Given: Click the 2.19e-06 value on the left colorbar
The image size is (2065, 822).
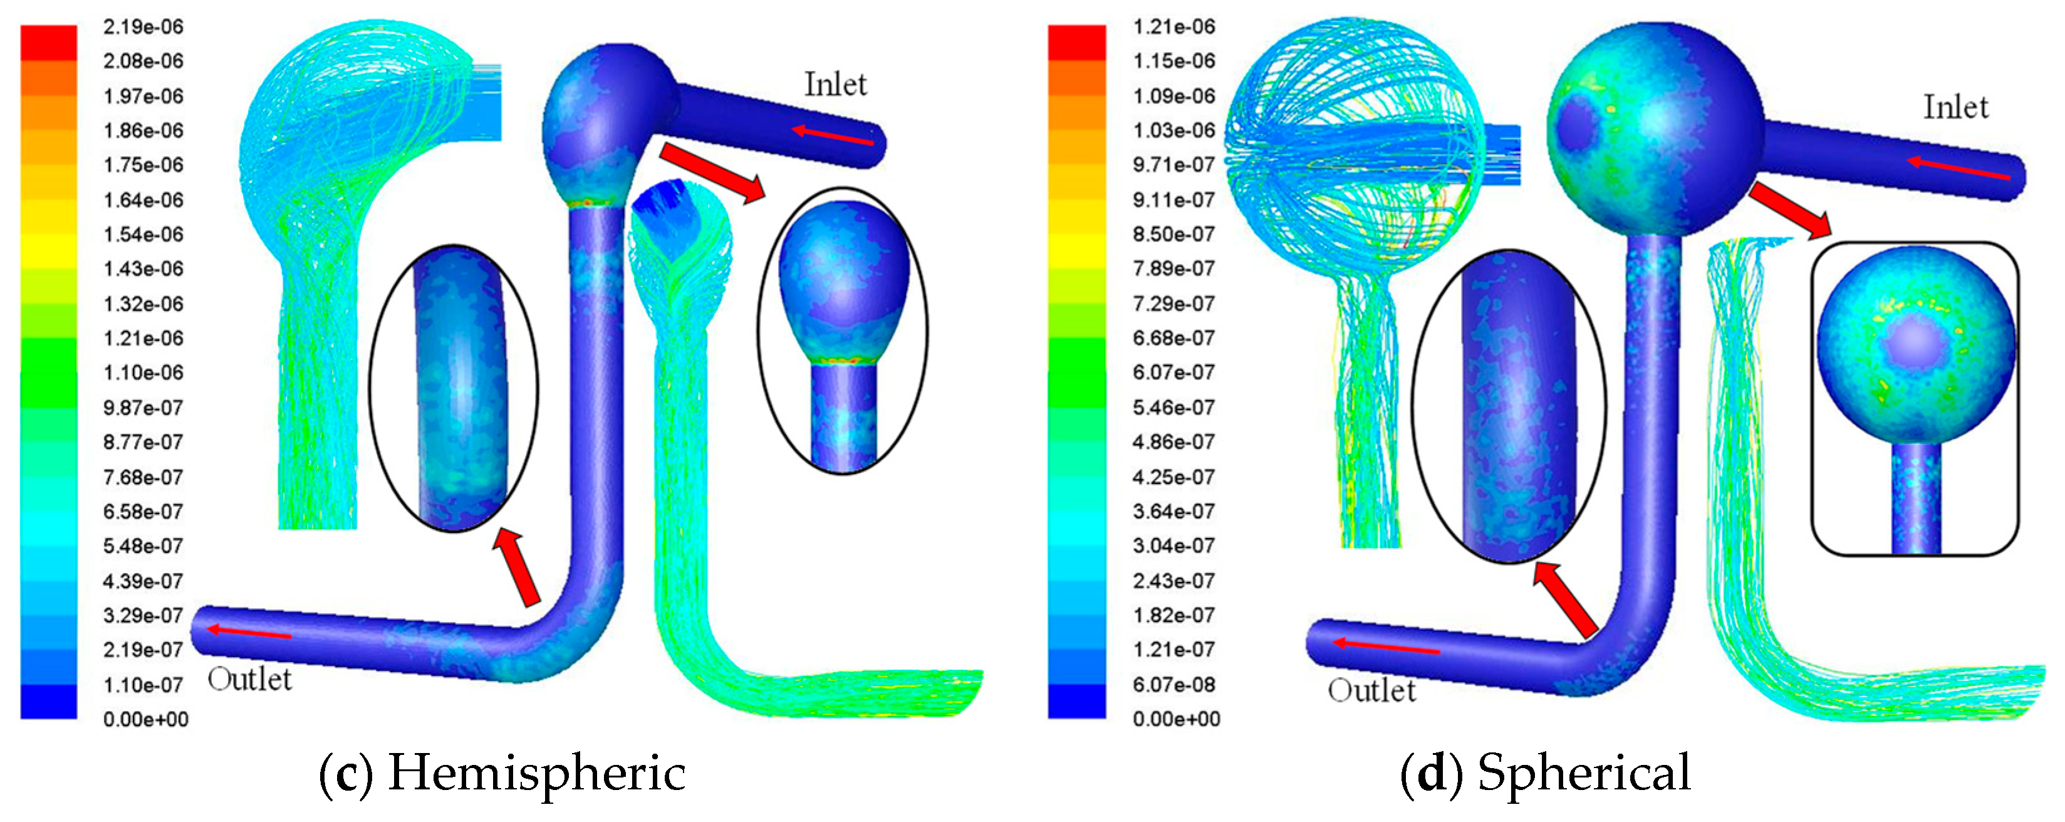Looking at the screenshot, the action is pos(143,27).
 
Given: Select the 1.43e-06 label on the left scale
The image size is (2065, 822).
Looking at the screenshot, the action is pos(143,268).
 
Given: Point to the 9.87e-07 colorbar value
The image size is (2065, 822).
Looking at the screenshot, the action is pos(143,408).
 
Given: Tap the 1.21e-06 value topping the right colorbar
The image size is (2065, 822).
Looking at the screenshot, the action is pos(1173,27).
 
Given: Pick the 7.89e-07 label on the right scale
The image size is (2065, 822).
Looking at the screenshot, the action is pos(1173,268).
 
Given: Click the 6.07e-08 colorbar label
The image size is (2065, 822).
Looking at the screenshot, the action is pos(1173,685).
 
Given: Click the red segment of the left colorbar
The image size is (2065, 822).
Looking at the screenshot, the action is pos(49,43).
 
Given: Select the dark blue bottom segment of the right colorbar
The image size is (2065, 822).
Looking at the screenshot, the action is pos(1076,702).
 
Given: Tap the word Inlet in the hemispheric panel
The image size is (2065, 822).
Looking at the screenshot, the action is pos(835,84).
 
